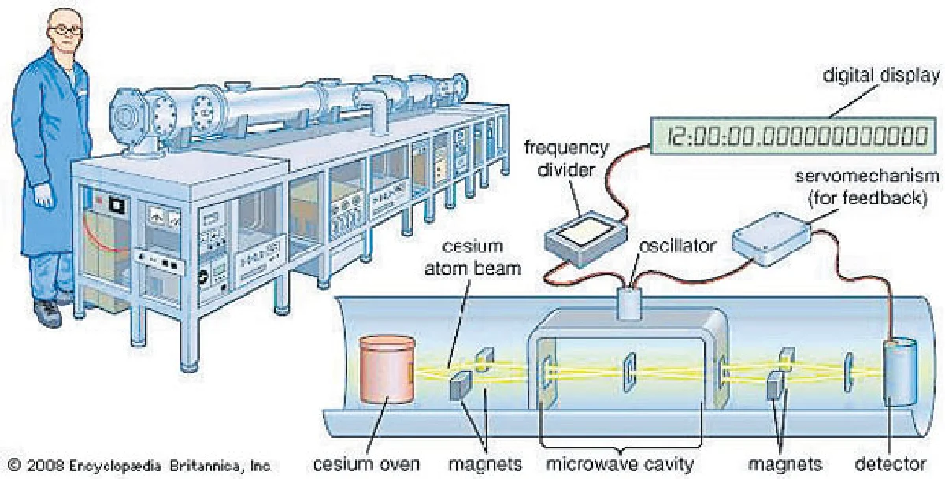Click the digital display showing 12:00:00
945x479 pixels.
click(796, 137)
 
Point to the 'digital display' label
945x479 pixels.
click(880, 76)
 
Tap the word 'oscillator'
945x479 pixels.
click(678, 246)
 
